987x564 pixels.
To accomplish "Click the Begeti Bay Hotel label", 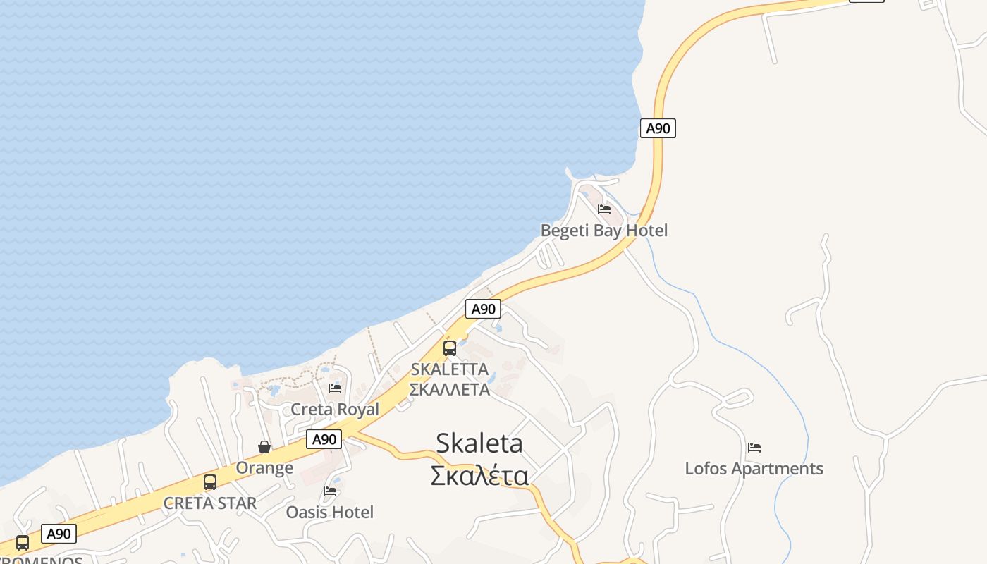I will point(603,231).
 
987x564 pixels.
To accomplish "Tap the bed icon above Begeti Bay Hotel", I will point(603,209).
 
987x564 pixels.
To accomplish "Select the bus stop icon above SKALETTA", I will point(450,348).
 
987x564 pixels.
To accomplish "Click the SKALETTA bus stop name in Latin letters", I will point(450,369).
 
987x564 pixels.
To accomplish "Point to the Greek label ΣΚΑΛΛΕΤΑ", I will point(450,389).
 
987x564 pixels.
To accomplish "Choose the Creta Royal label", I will point(335,410).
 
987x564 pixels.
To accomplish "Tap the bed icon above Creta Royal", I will point(335,388).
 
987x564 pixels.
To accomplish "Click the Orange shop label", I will point(264,467).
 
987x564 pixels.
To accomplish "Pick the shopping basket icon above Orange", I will point(264,447).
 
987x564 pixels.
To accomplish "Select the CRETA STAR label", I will point(210,503).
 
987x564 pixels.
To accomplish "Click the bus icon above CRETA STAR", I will point(210,482).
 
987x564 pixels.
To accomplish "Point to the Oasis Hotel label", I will point(329,512).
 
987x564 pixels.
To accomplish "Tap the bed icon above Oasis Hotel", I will point(330,491).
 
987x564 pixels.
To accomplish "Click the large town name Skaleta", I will point(479,443).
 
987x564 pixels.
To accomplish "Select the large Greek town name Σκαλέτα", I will point(479,476).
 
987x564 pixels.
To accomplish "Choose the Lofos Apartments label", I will point(754,469).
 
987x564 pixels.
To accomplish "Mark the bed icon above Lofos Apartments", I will point(754,448).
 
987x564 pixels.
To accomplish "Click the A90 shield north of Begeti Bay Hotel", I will point(658,128).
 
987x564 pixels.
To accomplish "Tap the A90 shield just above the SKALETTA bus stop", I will point(483,309).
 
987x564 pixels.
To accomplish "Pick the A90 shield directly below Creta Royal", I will point(324,440).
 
